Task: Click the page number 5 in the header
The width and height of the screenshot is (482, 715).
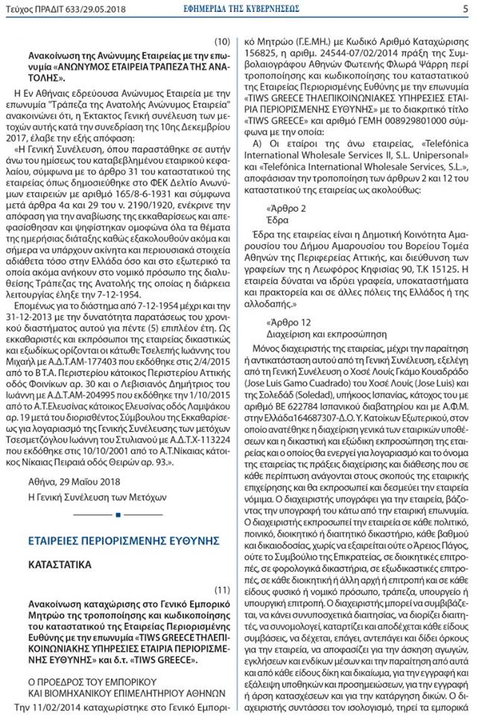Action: click(465, 9)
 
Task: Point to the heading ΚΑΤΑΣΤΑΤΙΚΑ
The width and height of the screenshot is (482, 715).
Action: click(60, 565)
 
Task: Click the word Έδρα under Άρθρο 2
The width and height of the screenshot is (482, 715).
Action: click(276, 221)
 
